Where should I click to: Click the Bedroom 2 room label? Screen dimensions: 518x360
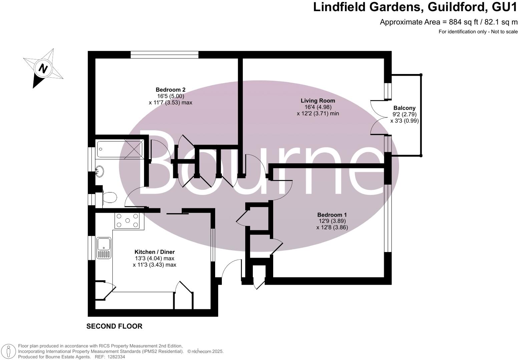[x=170, y=90]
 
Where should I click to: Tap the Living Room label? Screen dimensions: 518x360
[x=318, y=101]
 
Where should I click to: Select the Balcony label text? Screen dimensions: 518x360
[x=404, y=108]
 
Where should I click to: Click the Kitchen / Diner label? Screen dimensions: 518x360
[x=154, y=252]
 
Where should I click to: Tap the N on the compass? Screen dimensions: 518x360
[x=43, y=68]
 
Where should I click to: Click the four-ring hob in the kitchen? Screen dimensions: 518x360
[x=127, y=221]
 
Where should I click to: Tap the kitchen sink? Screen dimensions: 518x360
[x=103, y=248]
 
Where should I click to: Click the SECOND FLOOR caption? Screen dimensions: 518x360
[x=114, y=326]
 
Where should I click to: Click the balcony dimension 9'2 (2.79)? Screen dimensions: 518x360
[x=404, y=114]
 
